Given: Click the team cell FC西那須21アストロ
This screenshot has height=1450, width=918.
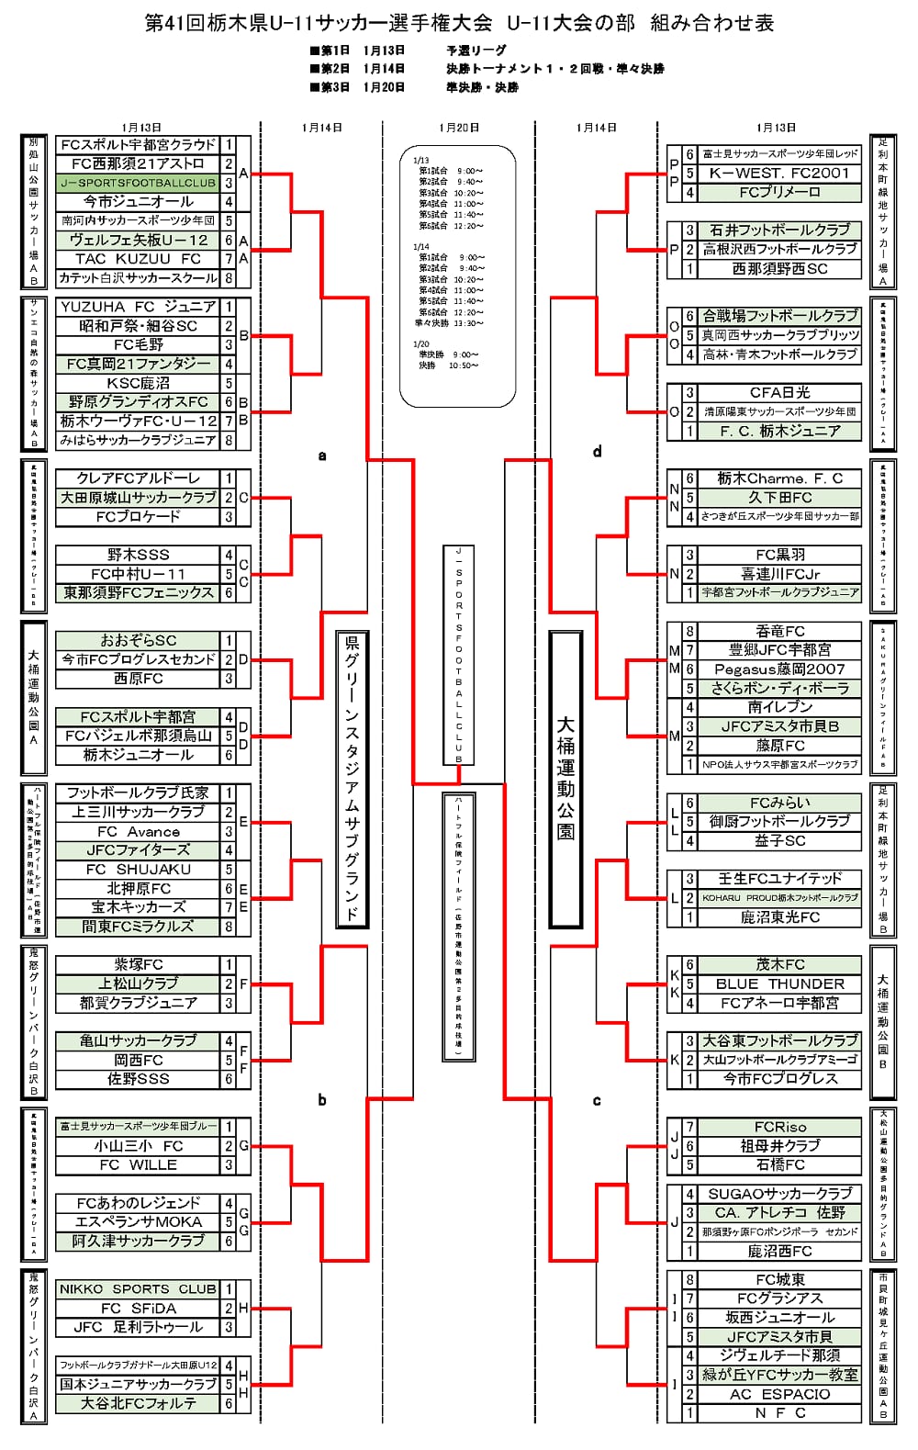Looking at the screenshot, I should click(x=138, y=163).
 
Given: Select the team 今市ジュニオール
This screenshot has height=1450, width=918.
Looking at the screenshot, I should click(x=138, y=201).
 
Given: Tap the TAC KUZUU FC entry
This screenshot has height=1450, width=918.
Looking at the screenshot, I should click(x=138, y=259).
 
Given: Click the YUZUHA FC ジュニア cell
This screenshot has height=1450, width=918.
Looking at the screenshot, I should click(x=138, y=307).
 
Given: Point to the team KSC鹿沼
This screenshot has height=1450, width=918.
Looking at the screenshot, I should click(x=138, y=383).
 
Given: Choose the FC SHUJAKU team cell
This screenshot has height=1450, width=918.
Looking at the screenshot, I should click(x=138, y=869).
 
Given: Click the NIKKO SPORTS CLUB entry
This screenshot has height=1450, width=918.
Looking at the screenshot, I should click(x=138, y=1288).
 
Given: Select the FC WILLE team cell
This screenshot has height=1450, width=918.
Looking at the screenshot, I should click(x=138, y=1164).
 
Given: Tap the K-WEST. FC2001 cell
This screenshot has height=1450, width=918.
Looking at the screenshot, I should click(x=779, y=173).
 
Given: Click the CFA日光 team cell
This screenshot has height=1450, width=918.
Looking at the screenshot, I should click(x=779, y=392).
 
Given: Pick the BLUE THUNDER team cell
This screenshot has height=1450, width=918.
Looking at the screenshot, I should click(x=779, y=984).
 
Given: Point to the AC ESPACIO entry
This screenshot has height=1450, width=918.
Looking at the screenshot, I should click(x=779, y=1394).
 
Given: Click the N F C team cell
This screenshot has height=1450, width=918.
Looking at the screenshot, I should click(x=779, y=1413).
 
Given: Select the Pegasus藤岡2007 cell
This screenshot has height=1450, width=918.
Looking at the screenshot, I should click(x=779, y=669).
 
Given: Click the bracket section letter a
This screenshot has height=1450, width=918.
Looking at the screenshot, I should click(x=322, y=455).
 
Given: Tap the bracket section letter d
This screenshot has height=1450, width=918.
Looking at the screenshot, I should click(x=598, y=451).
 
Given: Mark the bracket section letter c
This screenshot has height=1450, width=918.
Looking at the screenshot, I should click(x=598, y=1100).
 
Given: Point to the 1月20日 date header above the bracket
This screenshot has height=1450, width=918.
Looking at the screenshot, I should click(x=459, y=128).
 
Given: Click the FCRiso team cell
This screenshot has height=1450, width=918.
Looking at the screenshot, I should click(x=779, y=1127).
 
